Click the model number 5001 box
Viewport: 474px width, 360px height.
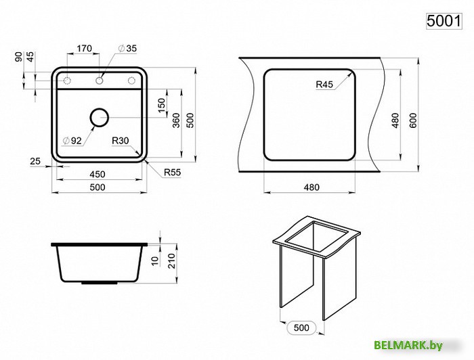[444, 21]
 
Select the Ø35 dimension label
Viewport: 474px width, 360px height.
[127, 48]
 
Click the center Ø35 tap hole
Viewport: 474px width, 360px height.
[99, 81]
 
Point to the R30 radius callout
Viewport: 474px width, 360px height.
[121, 141]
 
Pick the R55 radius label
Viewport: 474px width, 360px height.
[172, 173]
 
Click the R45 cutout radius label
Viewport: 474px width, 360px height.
[324, 85]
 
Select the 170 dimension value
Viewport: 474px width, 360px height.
[84, 48]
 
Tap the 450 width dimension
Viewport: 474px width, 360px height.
[98, 175]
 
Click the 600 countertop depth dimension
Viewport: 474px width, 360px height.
[413, 120]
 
